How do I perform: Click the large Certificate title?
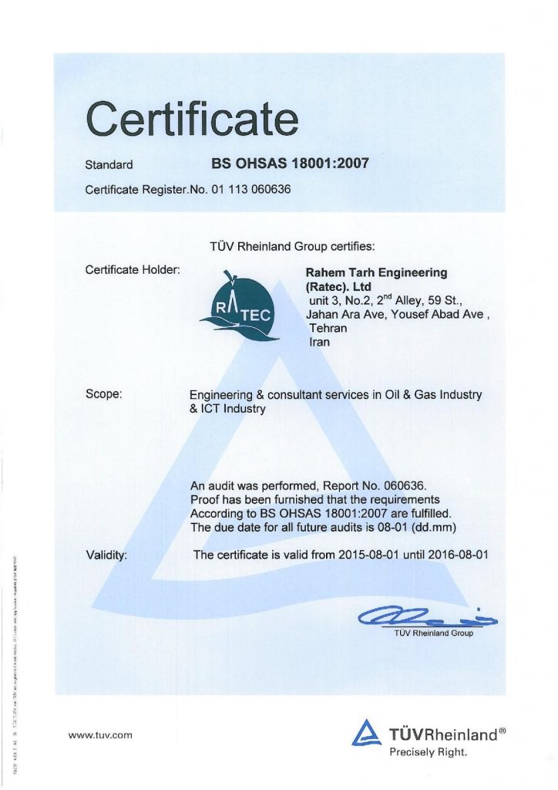tap(191, 120)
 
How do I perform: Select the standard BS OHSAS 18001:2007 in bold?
tap(290, 164)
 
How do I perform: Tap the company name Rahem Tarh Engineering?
tap(376, 272)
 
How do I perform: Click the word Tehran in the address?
tap(328, 328)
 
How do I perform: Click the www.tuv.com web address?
tap(100, 735)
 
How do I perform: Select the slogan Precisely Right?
tap(428, 751)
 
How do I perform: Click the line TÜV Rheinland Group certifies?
tap(292, 247)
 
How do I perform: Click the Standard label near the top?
tap(109, 164)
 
